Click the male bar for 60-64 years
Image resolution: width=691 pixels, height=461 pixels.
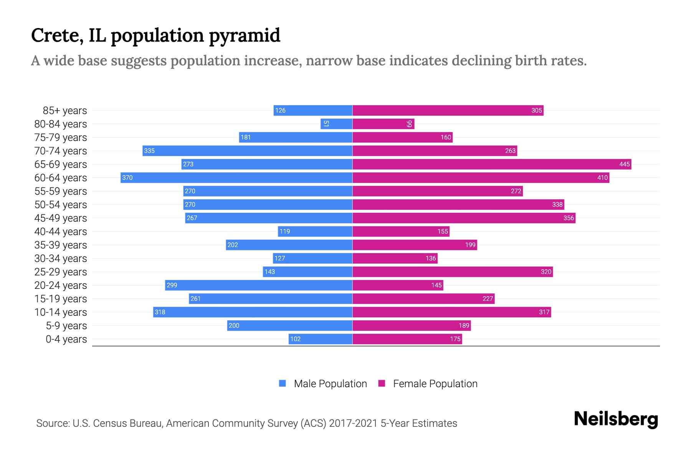coord(236,177)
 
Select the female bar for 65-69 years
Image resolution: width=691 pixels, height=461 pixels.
coord(491,164)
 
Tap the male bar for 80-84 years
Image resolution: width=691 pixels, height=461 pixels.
coord(336,124)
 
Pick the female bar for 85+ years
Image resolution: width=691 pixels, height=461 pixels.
coord(448,110)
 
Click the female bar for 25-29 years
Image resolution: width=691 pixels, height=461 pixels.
coord(452,272)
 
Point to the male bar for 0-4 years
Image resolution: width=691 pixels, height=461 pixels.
coord(321,339)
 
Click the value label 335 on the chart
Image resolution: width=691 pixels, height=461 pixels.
coord(149,151)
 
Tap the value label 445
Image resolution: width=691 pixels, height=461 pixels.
coord(624,164)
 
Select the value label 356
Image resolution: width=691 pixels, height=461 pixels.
coord(568,218)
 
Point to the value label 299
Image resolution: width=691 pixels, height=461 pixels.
coord(172,285)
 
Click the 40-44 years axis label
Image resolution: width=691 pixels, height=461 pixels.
coord(61,231)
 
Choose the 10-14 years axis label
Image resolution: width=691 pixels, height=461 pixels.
coord(61,312)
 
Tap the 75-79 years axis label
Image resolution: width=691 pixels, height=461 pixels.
coord(61,137)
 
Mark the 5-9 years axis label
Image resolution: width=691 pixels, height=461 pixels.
coord(66,325)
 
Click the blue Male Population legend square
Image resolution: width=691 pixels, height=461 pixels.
coord(283,383)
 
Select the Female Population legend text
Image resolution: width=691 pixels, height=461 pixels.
coord(435,383)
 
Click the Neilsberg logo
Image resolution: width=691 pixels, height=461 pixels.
coord(616,419)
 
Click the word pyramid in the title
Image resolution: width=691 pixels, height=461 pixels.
coord(245,36)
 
